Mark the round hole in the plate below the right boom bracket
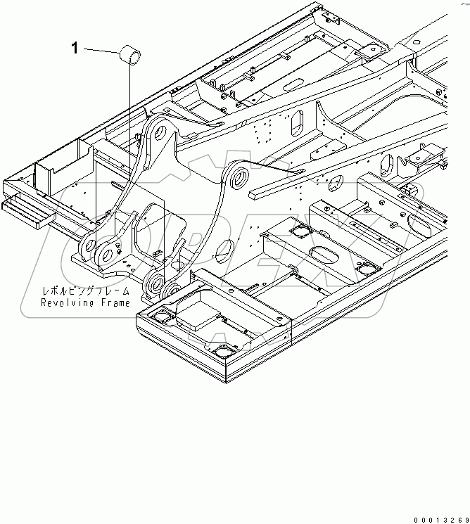coord(227,248)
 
